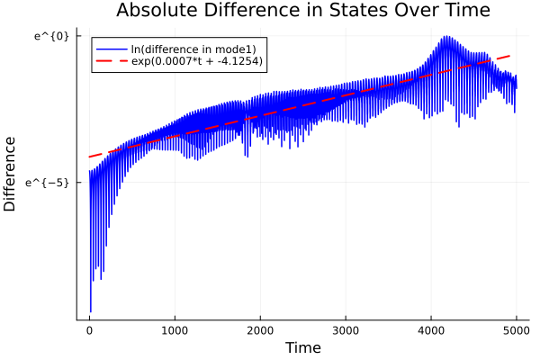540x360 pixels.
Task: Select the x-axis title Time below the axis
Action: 302,347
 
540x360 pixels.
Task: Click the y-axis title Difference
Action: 11,174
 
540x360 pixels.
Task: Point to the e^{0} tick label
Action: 52,35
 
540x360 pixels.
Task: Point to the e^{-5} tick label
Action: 49,183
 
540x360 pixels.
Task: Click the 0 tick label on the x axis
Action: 89,330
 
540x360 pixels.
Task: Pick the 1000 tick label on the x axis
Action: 175,330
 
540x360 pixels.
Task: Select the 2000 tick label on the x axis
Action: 260,330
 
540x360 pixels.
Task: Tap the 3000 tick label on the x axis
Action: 346,330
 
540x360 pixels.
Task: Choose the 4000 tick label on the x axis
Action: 431,330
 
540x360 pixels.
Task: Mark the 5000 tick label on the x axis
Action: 517,330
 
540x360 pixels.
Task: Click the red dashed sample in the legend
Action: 112,62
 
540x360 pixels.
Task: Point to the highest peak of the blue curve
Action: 445,37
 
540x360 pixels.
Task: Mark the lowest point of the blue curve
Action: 91,311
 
